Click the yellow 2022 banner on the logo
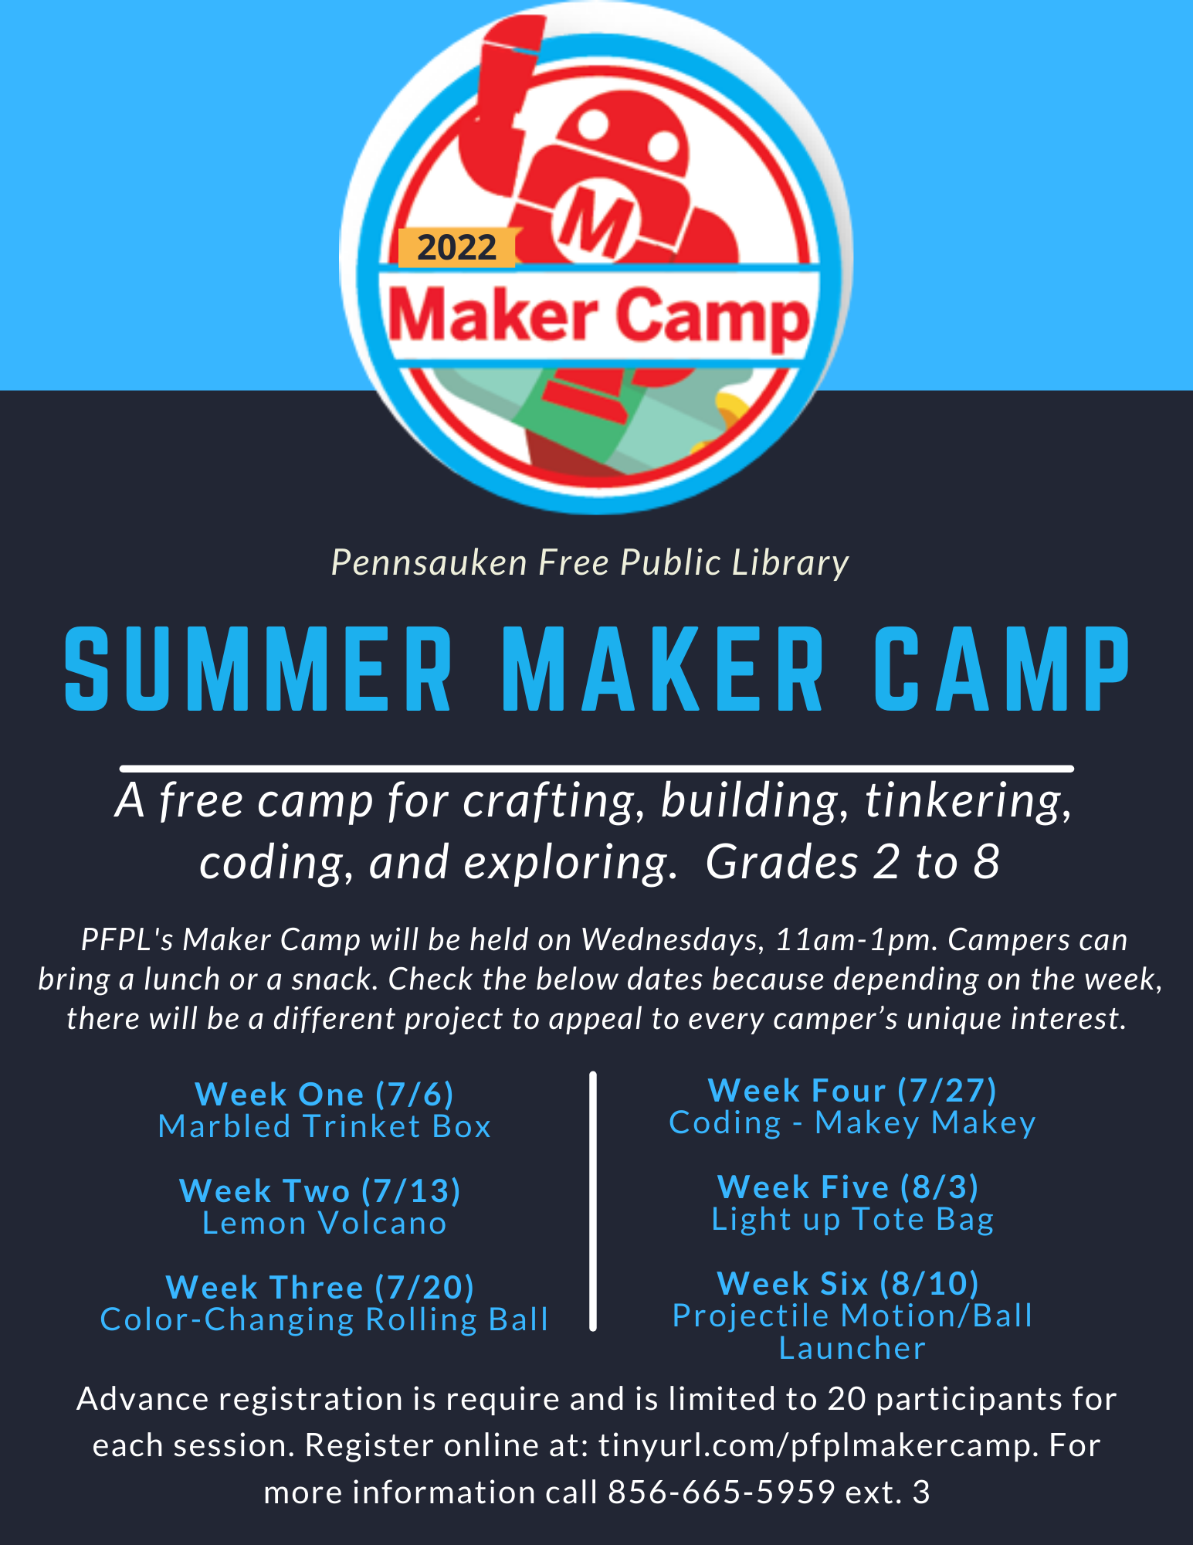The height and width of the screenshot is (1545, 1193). pos(457,248)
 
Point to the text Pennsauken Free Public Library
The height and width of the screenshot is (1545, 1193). pos(590,563)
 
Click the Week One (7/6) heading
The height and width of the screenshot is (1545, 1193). pos(324,1094)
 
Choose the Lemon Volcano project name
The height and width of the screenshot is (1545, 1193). pos(324,1223)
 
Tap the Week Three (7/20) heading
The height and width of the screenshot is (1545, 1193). pos(320,1287)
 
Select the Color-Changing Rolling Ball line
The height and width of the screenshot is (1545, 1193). pos(324,1319)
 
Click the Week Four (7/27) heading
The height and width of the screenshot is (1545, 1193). pos(852,1090)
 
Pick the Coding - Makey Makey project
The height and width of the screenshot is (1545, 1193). pos(852,1123)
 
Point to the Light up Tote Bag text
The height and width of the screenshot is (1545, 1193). pos(852,1220)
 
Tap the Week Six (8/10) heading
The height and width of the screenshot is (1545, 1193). pos(848,1283)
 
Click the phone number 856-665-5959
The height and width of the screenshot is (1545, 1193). pos(721,1492)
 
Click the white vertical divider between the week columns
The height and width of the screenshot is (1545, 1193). pos(593,1201)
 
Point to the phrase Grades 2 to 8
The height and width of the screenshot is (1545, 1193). pos(852,862)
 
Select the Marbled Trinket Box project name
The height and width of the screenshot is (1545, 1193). pos(324,1126)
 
